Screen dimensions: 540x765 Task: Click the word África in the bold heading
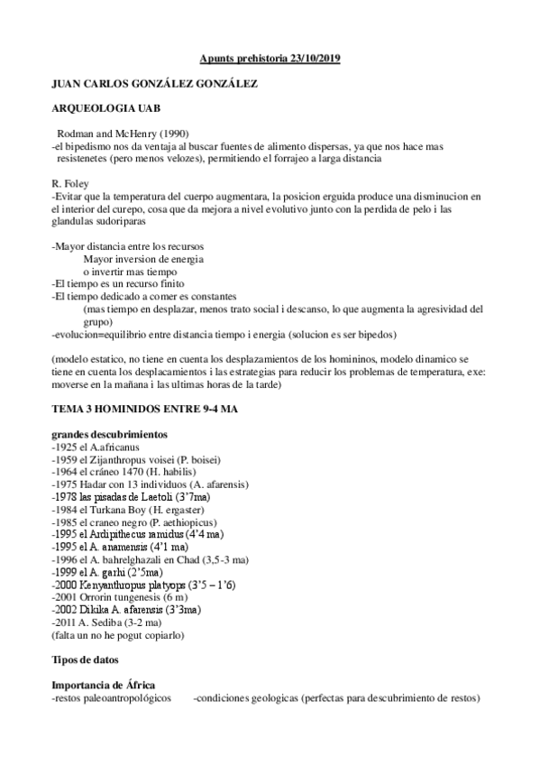pos(128,685)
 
